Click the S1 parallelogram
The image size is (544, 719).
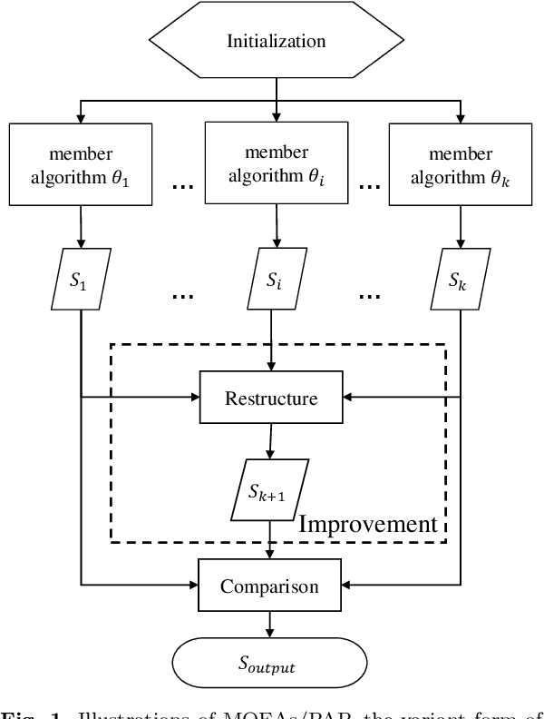[83, 277]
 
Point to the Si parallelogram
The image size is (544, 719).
[273, 277]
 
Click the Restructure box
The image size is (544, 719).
[270, 397]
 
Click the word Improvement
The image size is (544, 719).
[369, 524]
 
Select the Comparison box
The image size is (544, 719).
[270, 586]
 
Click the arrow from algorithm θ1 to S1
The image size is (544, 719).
[83, 227]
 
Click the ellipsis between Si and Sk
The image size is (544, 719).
[369, 298]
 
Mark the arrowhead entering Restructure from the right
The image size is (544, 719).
[348, 397]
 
